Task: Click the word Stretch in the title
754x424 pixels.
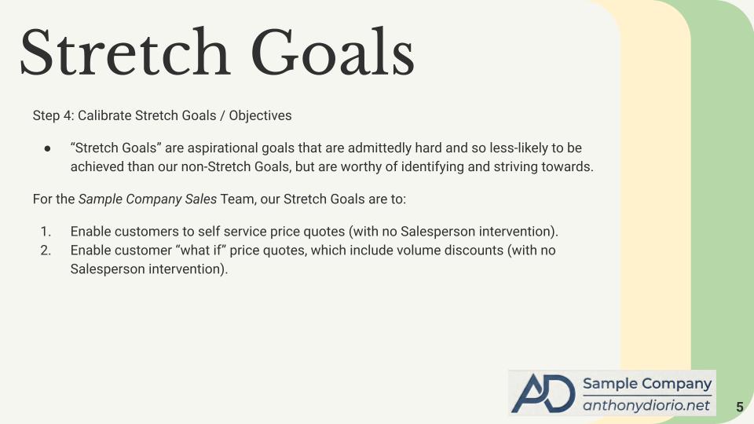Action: point(125,52)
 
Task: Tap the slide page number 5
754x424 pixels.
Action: point(740,407)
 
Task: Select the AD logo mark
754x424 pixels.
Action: point(544,393)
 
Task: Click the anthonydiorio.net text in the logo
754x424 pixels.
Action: point(646,405)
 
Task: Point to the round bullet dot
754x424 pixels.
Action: point(47,148)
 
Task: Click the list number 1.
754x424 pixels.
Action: point(46,232)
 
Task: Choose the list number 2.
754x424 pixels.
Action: point(46,250)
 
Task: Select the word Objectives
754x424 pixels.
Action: point(260,116)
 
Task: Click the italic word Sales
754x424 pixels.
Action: point(201,199)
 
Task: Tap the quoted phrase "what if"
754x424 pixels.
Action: point(200,250)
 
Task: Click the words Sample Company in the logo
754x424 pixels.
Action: point(646,384)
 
